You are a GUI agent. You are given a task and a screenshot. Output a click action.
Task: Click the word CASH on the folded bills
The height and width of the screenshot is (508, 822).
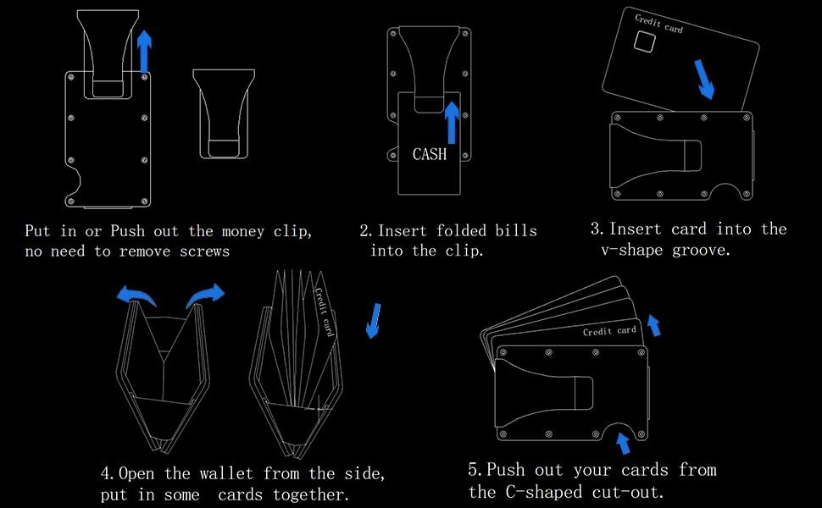(429, 154)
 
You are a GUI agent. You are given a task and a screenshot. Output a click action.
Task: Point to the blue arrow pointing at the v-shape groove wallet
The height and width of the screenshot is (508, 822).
(706, 79)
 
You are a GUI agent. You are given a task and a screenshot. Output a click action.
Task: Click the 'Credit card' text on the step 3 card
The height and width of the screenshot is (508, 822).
(658, 23)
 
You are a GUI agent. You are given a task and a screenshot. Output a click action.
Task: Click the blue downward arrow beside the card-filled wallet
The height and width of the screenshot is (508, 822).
(371, 321)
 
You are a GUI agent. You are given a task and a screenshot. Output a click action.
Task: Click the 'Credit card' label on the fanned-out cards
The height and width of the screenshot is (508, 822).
(609, 331)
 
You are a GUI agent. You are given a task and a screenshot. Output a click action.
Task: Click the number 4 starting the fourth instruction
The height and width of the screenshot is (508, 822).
(105, 472)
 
